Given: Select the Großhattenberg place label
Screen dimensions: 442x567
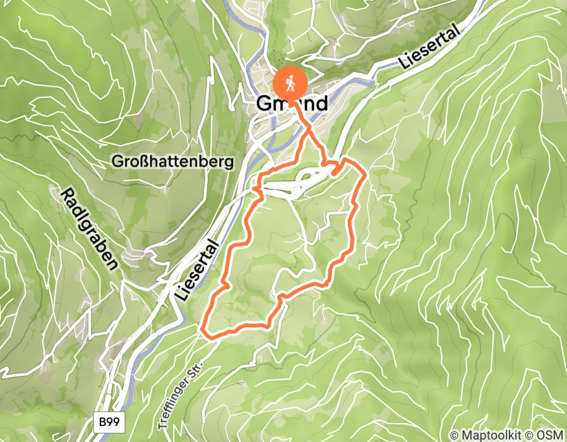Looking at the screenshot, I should click(x=172, y=162).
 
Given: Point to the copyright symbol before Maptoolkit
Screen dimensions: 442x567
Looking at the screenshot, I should click(x=455, y=435).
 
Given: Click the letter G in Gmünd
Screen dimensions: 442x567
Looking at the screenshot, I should click(x=265, y=104).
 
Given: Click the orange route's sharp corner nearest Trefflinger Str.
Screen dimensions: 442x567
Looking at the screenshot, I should click(x=202, y=330).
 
